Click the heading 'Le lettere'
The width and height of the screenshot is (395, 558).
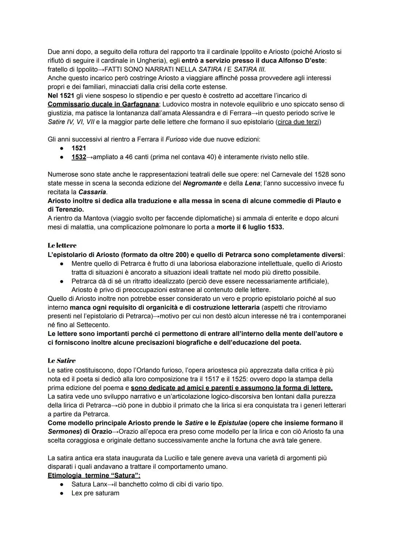pyautogui.click(x=62, y=245)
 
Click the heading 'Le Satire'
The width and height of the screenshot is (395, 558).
pyautogui.click(x=61, y=361)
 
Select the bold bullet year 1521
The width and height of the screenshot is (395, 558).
pyautogui.click(x=79, y=148)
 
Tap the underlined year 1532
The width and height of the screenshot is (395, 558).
pyautogui.click(x=79, y=157)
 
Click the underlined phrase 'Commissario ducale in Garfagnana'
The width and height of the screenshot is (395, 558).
pyautogui.click(x=104, y=104)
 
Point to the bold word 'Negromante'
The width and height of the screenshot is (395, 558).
pyautogui.click(x=202, y=183)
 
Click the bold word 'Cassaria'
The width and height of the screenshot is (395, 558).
pyautogui.click(x=92, y=192)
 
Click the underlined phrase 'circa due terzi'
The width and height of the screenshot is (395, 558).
pyautogui.click(x=298, y=122)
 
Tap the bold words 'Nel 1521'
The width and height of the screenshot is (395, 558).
pyautogui.click(x=61, y=96)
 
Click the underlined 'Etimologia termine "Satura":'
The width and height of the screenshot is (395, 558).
pyautogui.click(x=94, y=475)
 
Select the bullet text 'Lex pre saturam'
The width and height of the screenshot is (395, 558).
pyautogui.click(x=95, y=493)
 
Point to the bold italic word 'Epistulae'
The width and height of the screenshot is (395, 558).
pyautogui.click(x=232, y=423)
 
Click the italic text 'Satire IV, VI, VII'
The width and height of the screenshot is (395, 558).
pyautogui.click(x=71, y=122)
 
